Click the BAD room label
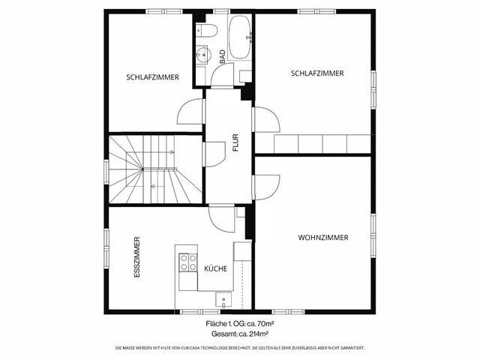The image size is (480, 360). (223, 55)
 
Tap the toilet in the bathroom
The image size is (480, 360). (207, 30)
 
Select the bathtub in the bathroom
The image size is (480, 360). (240, 37)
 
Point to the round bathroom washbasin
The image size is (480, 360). (202, 53)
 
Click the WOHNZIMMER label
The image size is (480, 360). (323, 238)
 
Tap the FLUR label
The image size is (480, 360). (235, 142)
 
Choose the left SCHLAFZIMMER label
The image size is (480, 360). (152, 76)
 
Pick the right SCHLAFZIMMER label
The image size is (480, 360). (317, 73)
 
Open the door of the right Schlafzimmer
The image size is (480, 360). (267, 120)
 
